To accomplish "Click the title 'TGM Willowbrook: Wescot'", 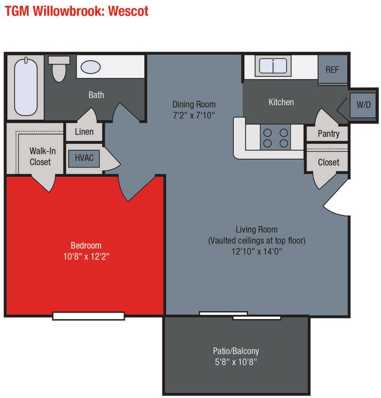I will [x=77, y=11].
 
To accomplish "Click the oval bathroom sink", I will [x=90, y=67].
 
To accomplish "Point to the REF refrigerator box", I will [x=332, y=70].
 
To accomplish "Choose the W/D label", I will [x=363, y=105].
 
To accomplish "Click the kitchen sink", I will [x=271, y=66].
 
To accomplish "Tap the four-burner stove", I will [x=275, y=138].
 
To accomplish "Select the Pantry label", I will [x=328, y=133].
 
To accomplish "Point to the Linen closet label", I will [x=84, y=132].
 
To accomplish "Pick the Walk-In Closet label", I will [x=40, y=156].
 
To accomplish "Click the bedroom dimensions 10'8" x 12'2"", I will [x=86, y=256].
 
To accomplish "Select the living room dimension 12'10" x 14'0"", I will [x=257, y=251].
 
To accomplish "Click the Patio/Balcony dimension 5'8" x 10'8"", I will [x=236, y=362].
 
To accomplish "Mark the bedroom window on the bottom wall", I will [x=89, y=316].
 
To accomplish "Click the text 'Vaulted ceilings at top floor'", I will [x=257, y=240].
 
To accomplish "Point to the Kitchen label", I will [x=281, y=102].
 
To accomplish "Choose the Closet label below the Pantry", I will [x=328, y=162].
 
